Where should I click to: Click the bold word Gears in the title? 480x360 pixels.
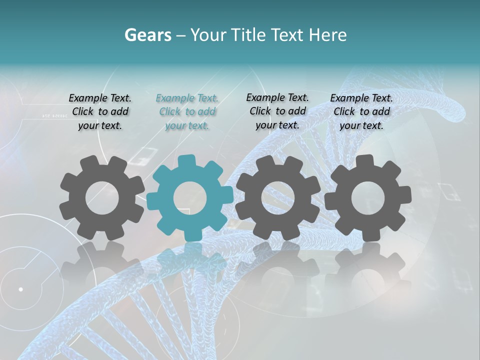point(147,35)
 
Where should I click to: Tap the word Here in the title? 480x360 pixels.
point(327,35)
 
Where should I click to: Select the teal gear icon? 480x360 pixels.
point(189,198)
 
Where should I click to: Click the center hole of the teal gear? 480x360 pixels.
point(189,198)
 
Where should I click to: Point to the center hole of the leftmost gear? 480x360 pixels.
point(102,198)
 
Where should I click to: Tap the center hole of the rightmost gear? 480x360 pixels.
point(367,198)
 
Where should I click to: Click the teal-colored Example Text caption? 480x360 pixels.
point(187,111)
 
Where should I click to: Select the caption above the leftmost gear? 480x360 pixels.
point(100,111)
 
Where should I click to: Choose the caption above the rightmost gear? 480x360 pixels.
point(361,111)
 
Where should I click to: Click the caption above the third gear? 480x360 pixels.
point(277,111)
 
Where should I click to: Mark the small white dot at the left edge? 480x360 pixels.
point(20,289)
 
